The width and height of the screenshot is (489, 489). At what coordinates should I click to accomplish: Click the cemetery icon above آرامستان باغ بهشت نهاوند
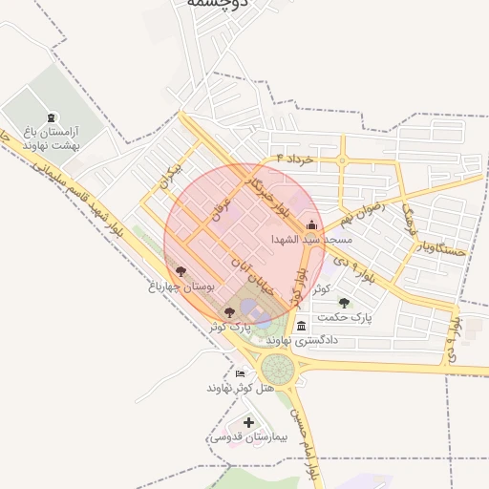tap(51, 117)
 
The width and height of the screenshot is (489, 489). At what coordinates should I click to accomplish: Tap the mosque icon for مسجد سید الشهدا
tap(312, 225)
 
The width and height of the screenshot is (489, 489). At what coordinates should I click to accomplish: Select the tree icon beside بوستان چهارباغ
tap(181, 272)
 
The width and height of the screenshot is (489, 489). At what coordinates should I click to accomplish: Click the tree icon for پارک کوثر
tap(228, 311)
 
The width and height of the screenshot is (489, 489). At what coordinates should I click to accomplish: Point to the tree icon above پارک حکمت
tap(345, 303)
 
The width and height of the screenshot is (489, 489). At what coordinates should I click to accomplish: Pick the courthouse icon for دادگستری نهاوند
tap(303, 327)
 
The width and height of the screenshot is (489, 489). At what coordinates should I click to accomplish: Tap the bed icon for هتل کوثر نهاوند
tap(240, 373)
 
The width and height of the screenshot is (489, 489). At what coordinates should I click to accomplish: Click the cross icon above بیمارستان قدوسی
tap(249, 422)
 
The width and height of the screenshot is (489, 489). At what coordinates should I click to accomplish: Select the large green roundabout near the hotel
tap(278, 368)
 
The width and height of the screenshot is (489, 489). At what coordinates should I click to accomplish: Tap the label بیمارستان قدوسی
tap(240, 436)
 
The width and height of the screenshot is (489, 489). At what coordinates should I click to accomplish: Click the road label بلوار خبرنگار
tap(266, 194)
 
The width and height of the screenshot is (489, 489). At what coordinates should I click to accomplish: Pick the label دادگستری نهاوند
tap(303, 340)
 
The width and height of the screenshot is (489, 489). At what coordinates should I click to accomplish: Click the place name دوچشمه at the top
tap(218, 4)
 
